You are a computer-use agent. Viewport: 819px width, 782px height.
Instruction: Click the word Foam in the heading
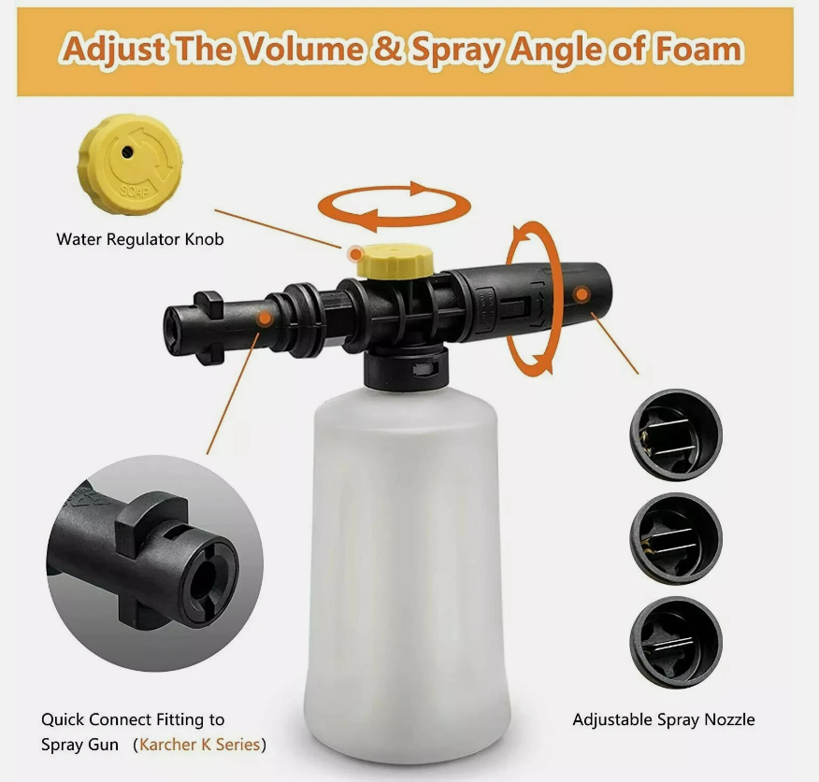point(699,50)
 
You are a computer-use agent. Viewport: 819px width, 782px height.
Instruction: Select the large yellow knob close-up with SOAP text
point(130,164)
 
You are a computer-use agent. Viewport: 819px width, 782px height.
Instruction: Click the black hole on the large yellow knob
point(127,152)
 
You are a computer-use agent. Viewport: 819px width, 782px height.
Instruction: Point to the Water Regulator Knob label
point(140,239)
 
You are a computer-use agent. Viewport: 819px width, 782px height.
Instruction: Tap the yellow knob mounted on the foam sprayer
point(395,261)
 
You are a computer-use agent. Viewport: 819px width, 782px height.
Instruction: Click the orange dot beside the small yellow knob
point(355,254)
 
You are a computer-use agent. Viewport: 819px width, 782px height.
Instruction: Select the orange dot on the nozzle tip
point(582,294)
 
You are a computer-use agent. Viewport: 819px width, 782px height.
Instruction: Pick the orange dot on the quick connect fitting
point(265,318)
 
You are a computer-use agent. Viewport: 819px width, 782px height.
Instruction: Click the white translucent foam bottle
point(407,575)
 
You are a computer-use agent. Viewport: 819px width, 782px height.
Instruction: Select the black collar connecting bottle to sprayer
point(407,368)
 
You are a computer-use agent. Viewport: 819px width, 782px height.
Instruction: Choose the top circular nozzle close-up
point(676,434)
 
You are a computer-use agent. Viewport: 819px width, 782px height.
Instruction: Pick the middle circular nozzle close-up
point(676,539)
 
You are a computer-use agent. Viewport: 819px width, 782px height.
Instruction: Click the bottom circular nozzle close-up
point(676,643)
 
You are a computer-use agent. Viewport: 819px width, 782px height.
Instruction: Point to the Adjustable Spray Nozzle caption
point(664,720)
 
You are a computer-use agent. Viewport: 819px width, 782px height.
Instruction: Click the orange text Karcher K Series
point(199,745)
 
